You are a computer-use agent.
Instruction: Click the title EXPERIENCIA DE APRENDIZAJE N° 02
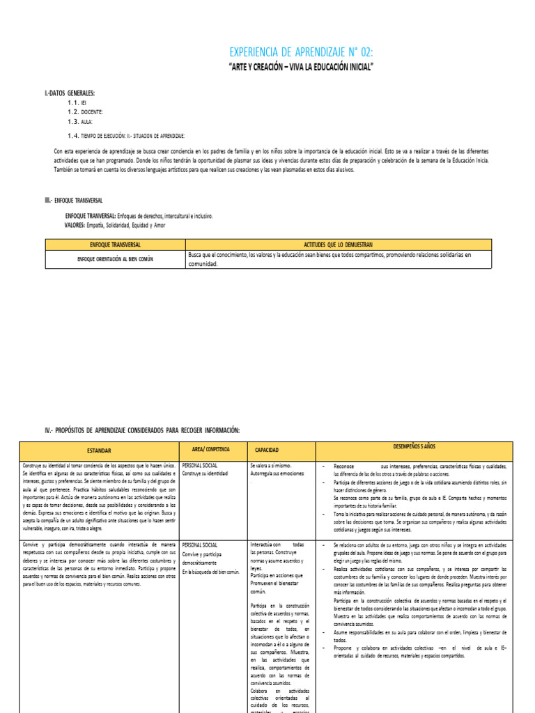(x=301, y=53)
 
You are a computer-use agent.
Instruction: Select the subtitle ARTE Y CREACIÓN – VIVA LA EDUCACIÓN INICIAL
(x=301, y=68)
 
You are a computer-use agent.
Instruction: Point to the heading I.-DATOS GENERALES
(x=70, y=93)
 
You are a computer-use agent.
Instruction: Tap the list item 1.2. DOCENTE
(x=86, y=111)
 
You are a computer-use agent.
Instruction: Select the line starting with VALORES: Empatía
(x=116, y=226)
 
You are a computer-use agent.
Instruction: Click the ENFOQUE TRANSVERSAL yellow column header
(x=115, y=244)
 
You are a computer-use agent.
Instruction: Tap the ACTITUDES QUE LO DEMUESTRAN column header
(x=348, y=244)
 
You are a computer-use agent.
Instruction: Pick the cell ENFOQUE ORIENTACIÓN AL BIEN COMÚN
(x=115, y=259)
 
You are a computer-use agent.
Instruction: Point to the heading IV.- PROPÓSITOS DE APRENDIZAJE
(x=142, y=430)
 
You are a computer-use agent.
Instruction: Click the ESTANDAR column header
(x=99, y=450)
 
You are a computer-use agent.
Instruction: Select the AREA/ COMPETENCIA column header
(x=210, y=450)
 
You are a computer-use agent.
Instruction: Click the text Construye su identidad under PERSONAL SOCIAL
(x=205, y=473)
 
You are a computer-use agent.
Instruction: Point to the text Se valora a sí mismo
(x=272, y=465)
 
